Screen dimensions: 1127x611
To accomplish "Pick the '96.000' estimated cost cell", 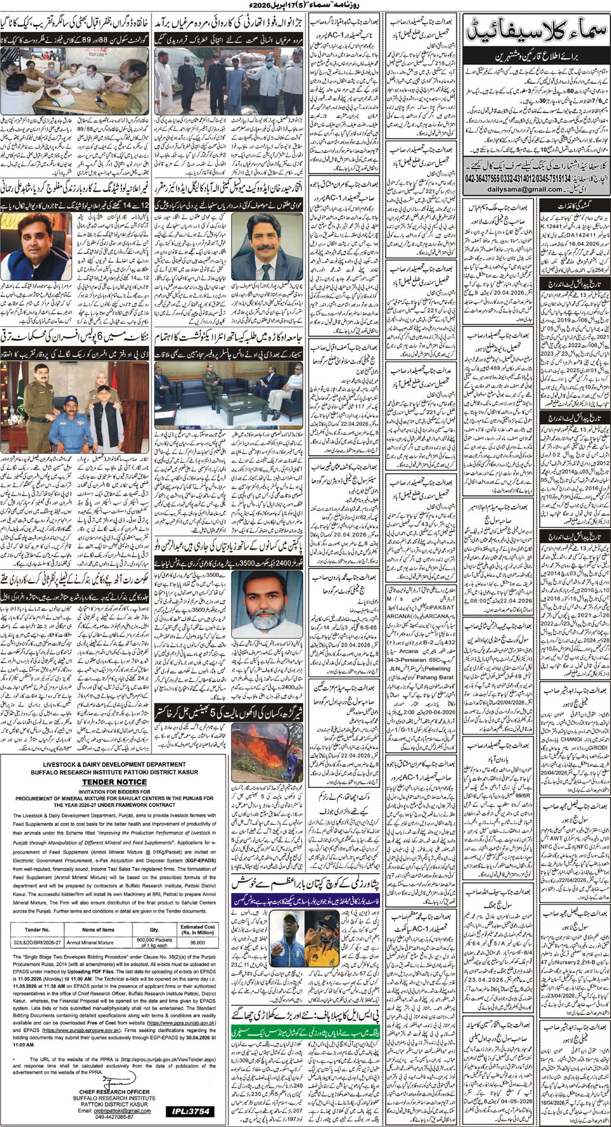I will click(197, 943).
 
